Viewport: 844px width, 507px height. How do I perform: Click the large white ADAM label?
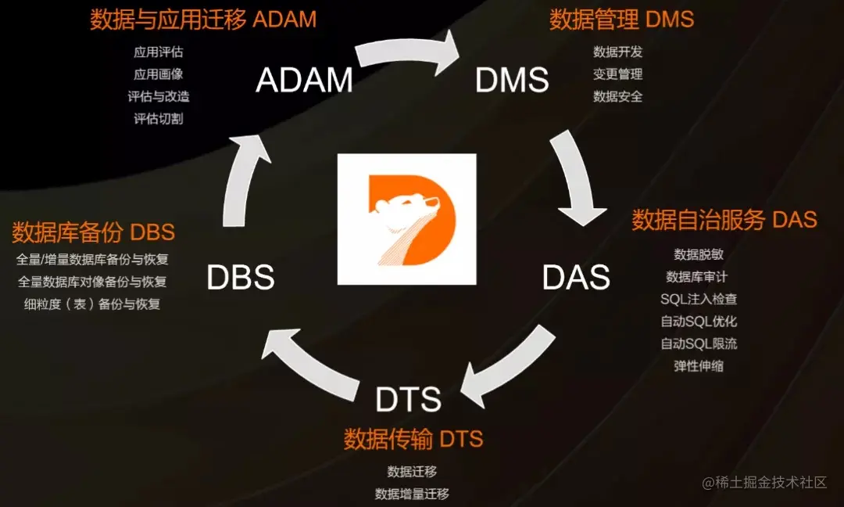pos(304,80)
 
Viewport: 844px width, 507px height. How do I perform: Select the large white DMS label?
pos(512,80)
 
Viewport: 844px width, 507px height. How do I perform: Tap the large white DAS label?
pos(576,277)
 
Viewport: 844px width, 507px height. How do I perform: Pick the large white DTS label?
pos(408,400)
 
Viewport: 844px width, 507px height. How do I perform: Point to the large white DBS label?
pos(240,278)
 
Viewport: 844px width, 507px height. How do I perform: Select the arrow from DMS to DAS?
pos(577,180)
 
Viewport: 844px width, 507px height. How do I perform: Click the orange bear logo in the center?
pos(406,219)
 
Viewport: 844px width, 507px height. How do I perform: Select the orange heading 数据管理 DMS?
pos(621,20)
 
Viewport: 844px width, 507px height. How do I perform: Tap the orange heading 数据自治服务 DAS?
pos(724,220)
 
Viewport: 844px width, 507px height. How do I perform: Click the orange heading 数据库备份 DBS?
pos(93,232)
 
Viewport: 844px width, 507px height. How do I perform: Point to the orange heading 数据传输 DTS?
pos(413,439)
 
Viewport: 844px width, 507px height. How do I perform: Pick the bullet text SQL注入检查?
pos(698,299)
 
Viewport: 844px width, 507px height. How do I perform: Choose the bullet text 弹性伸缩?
pos(698,365)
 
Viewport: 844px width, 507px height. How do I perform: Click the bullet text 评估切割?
pos(159,119)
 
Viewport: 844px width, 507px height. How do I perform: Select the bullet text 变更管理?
pos(617,74)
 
